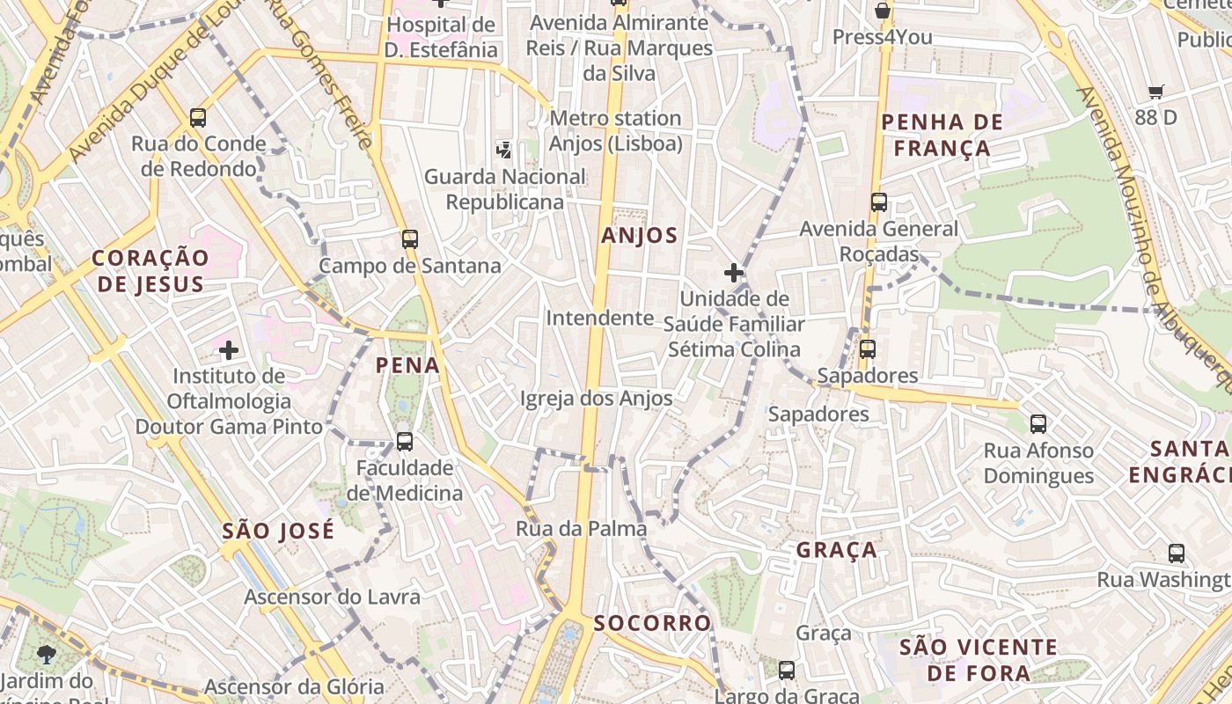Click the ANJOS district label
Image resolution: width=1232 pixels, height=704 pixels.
tap(640, 235)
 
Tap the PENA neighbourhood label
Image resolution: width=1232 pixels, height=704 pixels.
tap(407, 364)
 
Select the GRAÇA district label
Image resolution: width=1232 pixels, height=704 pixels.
tap(836, 550)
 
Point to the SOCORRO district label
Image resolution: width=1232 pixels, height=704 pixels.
tap(652, 623)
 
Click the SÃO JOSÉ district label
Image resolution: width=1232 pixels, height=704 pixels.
tap(278, 531)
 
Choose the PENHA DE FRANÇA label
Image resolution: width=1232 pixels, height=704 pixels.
tap(942, 135)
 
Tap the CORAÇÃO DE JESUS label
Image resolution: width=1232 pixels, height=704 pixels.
tap(150, 270)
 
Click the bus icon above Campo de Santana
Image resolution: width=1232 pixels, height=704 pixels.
tap(409, 238)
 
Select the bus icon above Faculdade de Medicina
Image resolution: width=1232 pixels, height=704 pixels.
tap(405, 441)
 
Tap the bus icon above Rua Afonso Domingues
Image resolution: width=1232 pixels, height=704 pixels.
tap(1038, 424)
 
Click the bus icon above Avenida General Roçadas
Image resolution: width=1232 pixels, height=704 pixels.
tap(878, 202)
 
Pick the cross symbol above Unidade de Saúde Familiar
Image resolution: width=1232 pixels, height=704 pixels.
tap(733, 273)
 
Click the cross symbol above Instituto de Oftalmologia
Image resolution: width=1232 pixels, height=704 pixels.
tap(229, 350)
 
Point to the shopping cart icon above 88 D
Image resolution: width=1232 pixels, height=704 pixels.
tap(1156, 92)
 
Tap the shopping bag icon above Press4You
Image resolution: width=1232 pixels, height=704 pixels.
tap(882, 11)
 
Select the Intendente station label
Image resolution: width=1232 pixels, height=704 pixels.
tap(599, 318)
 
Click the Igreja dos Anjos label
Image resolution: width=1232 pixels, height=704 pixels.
tap(596, 399)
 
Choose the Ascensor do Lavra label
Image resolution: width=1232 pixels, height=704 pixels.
tap(332, 597)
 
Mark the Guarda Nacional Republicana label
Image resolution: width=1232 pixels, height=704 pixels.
tap(504, 189)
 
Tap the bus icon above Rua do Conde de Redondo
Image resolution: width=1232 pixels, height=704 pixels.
tap(198, 117)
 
